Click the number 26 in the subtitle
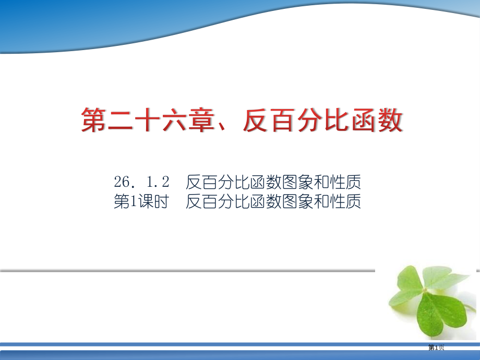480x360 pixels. tap(121, 183)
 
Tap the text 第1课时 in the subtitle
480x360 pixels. tap(140, 202)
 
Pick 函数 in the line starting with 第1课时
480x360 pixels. tap(268, 202)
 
